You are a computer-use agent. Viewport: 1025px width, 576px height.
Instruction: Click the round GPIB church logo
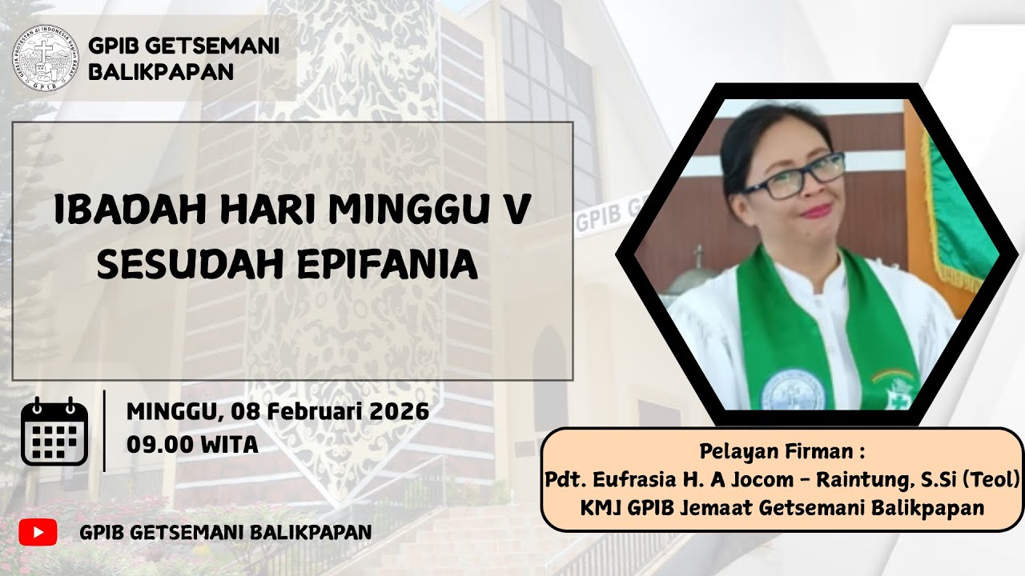click(x=46, y=59)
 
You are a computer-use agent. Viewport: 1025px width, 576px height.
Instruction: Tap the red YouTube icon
click(x=38, y=532)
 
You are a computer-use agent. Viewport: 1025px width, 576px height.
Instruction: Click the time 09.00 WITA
click(x=192, y=444)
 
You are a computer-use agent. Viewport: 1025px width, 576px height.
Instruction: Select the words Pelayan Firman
click(x=782, y=452)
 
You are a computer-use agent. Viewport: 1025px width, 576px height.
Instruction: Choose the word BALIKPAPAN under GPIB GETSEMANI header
click(x=161, y=71)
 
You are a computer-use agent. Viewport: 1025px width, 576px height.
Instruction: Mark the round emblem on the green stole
click(x=793, y=390)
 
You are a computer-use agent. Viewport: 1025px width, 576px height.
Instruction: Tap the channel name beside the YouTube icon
click(x=225, y=532)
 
